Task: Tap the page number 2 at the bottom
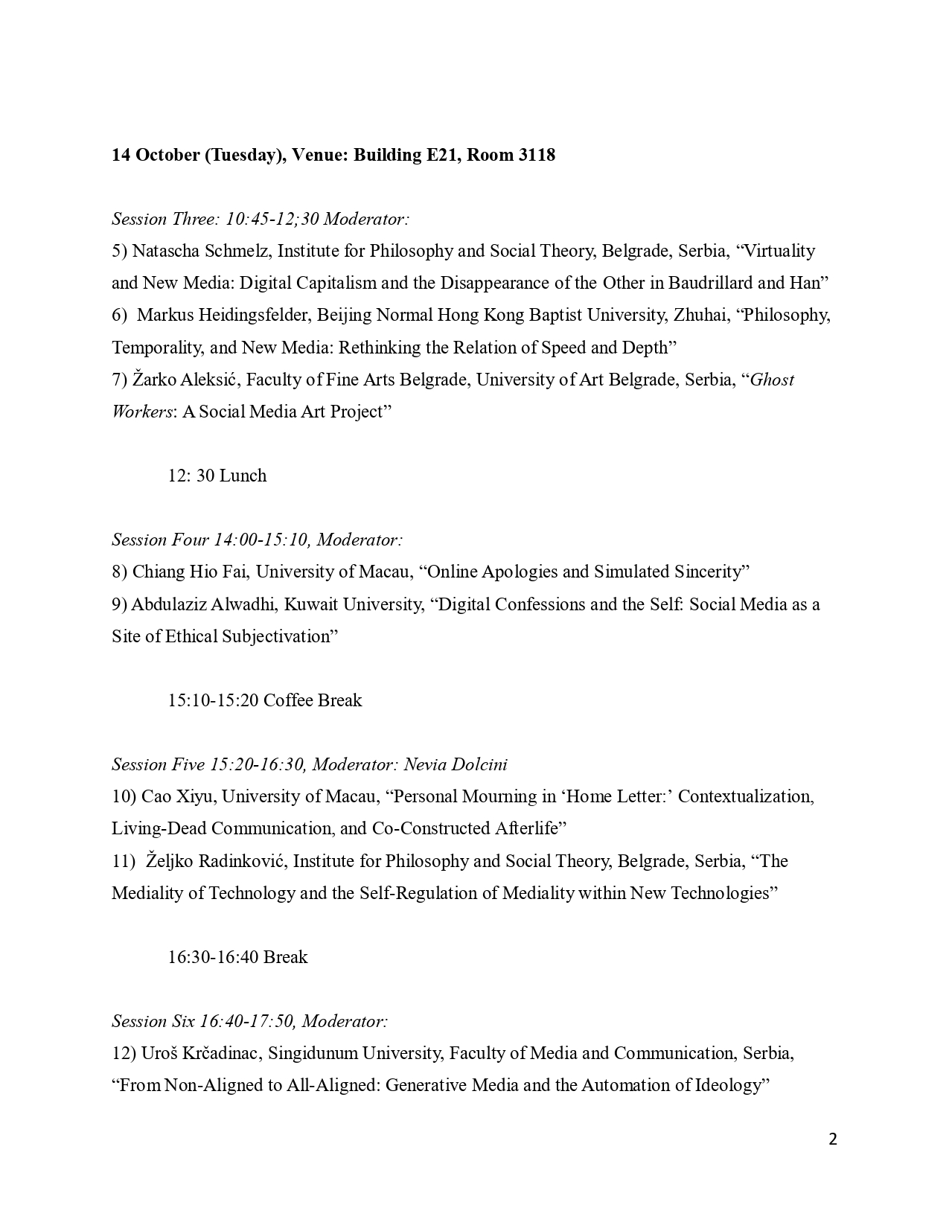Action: coord(833,1139)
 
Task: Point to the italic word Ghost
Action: coord(772,380)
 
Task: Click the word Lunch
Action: coord(243,476)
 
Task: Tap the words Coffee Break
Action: coord(313,700)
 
